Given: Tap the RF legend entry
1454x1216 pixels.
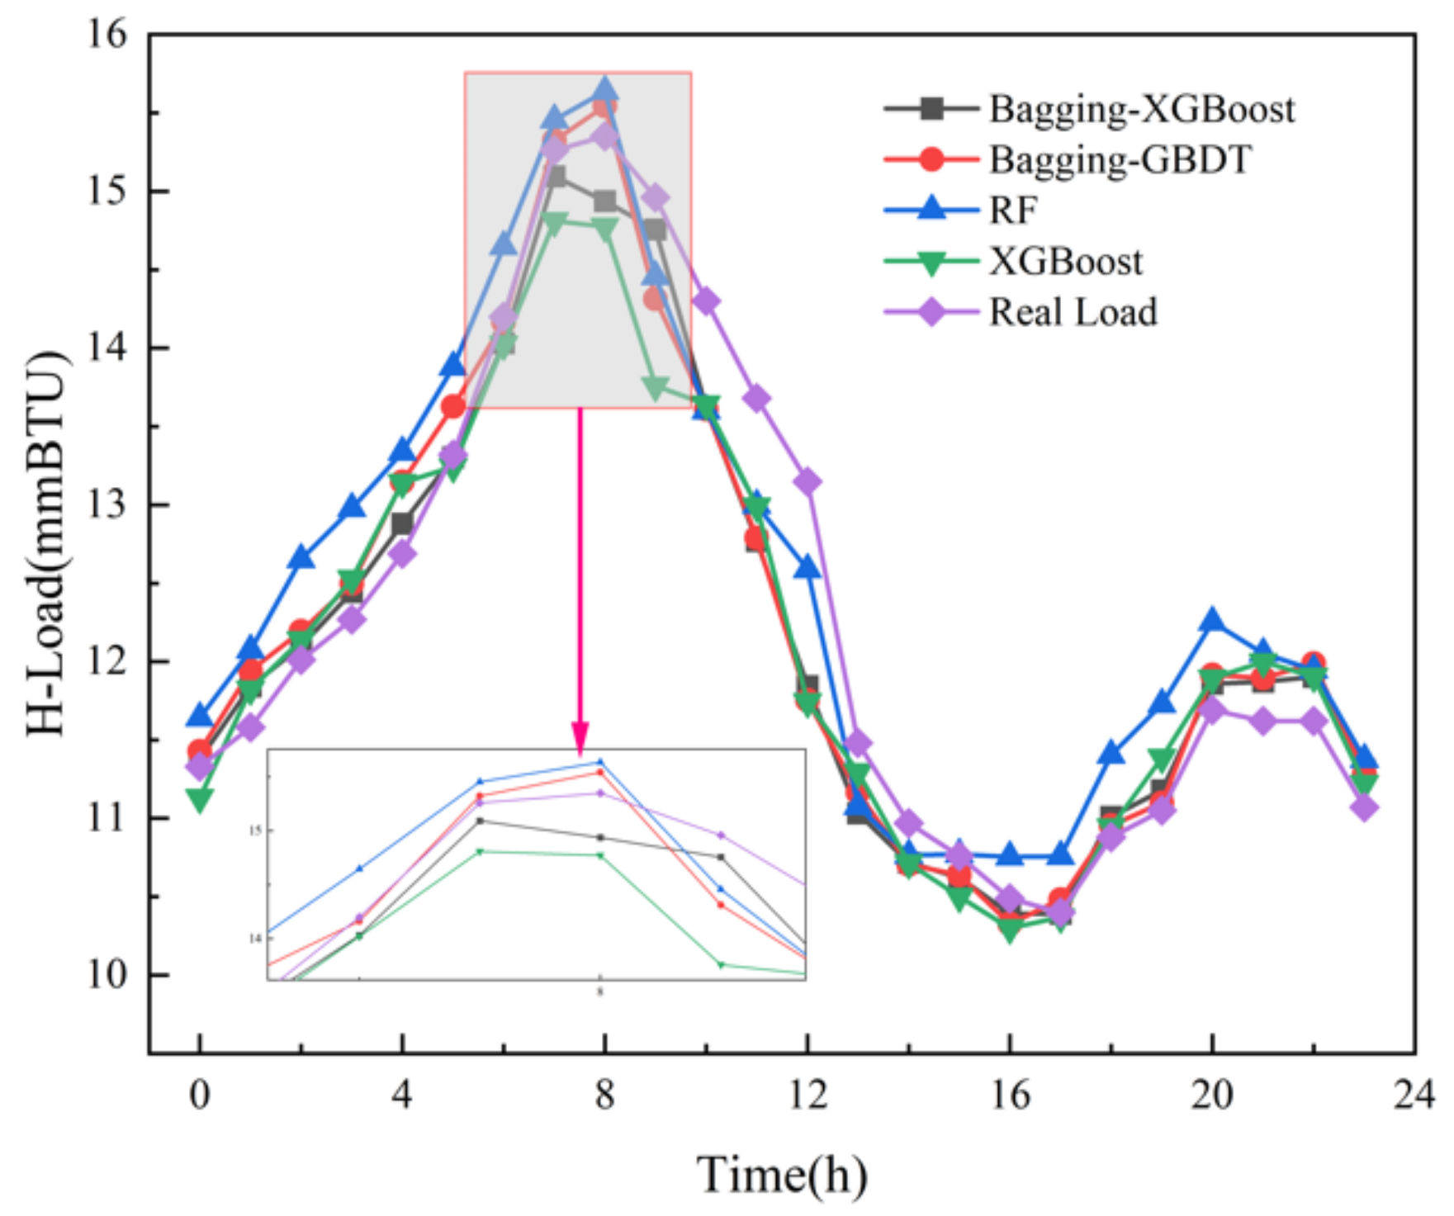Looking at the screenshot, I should coord(1012,211).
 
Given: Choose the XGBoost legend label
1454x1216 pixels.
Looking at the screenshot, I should coord(1065,262).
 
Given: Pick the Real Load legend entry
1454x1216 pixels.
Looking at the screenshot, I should coord(1073,312).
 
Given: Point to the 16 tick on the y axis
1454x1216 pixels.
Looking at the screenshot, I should coord(108,35).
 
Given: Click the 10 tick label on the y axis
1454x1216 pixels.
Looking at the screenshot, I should coord(108,975).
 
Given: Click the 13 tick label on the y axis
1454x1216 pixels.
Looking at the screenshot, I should coord(108,504).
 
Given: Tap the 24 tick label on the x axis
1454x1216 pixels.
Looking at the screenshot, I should coord(1414,1096).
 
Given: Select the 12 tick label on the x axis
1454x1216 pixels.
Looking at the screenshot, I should coord(807,1096).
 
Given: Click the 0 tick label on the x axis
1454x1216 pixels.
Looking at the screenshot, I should coord(199,1096).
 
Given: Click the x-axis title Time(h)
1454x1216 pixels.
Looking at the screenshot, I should coord(781,1175).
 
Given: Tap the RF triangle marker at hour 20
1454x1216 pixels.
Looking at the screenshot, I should coord(1212,620).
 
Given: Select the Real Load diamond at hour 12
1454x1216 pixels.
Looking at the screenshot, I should coord(807,481).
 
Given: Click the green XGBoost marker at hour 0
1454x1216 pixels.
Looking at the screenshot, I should coord(199,799).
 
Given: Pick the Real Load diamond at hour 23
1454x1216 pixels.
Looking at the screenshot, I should coord(1364,807).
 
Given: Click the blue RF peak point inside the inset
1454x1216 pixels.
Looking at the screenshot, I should coord(600,761).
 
